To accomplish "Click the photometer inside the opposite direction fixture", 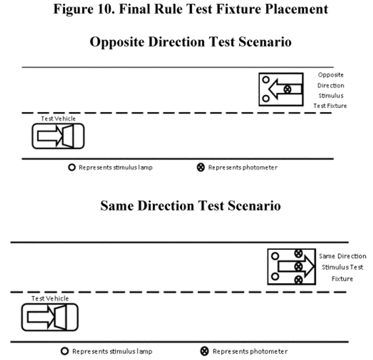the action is point(287,89).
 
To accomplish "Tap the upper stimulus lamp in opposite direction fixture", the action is point(266,80).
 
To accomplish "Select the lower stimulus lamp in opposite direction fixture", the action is point(266,98).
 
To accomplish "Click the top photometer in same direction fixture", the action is point(298,253).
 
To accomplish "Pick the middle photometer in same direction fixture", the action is point(298,266).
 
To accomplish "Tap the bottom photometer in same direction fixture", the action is point(298,280).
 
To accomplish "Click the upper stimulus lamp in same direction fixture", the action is point(275,256).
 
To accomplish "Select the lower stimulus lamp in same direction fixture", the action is point(275,277).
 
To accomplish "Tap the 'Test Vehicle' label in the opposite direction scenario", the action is point(58,119).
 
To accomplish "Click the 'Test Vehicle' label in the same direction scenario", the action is point(50,299).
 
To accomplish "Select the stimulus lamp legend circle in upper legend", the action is point(72,167).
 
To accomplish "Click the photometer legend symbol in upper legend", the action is point(201,167).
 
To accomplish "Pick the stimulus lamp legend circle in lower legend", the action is point(64,351).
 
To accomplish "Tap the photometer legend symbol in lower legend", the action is point(204,351).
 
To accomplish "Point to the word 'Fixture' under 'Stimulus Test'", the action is point(342,279).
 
